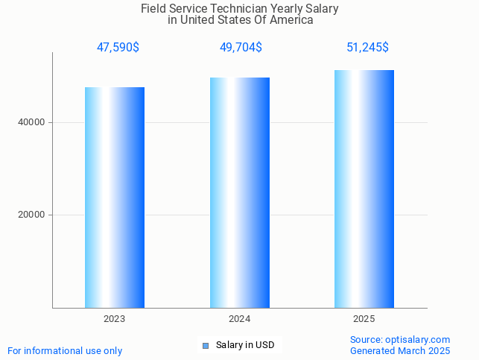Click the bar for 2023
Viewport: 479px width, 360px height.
point(115,198)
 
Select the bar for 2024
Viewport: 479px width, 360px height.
point(240,192)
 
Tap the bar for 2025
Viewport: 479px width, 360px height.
point(364,189)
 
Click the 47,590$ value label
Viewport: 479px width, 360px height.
point(118,48)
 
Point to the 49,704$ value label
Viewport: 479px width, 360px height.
point(241,48)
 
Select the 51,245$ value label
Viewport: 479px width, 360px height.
point(367,48)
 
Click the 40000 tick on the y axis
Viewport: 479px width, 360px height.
point(33,122)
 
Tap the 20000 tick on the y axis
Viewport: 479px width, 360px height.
point(33,215)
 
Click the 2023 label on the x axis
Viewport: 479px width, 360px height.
point(115,319)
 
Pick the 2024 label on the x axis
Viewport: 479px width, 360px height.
point(240,319)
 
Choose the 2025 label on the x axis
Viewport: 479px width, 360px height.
point(364,319)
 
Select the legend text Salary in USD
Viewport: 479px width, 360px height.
point(245,345)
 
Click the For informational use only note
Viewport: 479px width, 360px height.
point(65,350)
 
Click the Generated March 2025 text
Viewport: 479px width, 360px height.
point(400,350)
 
